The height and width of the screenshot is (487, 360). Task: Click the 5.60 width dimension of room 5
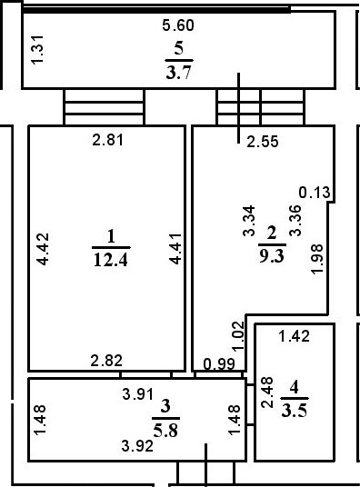pos(177,26)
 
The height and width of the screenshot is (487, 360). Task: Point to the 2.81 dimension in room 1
pos(109,140)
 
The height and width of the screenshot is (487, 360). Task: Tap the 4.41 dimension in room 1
pos(176,248)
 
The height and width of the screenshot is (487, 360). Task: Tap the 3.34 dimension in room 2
pos(248,223)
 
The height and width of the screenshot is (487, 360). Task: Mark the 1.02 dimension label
pos(238,335)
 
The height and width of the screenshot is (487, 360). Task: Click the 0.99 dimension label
pos(219,364)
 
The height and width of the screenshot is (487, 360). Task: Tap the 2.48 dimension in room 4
pos(266,393)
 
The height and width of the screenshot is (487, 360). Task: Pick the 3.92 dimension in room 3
pos(139,445)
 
